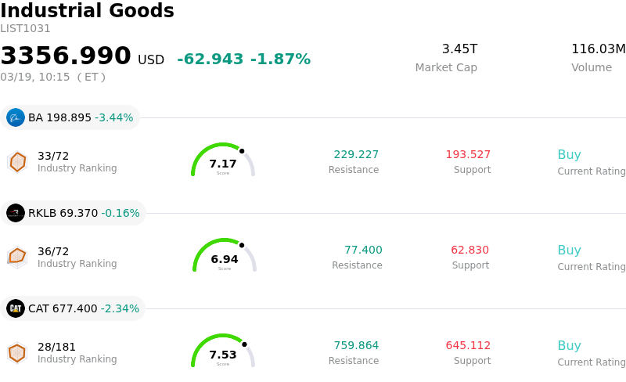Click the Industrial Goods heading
(87, 12)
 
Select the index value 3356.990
(66, 56)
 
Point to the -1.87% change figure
(280, 59)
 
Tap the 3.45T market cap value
(459, 49)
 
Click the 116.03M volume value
(598, 49)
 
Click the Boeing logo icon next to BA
(16, 117)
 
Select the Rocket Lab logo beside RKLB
(16, 213)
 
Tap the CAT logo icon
(16, 308)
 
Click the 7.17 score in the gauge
(223, 164)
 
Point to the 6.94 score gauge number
(225, 259)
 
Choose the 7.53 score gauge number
(223, 355)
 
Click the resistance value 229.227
(356, 155)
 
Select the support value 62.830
(469, 250)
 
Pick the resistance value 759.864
(356, 346)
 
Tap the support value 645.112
(468, 346)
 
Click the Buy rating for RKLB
(569, 250)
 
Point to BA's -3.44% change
(113, 118)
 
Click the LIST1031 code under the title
(25, 29)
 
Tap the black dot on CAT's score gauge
(244, 344)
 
